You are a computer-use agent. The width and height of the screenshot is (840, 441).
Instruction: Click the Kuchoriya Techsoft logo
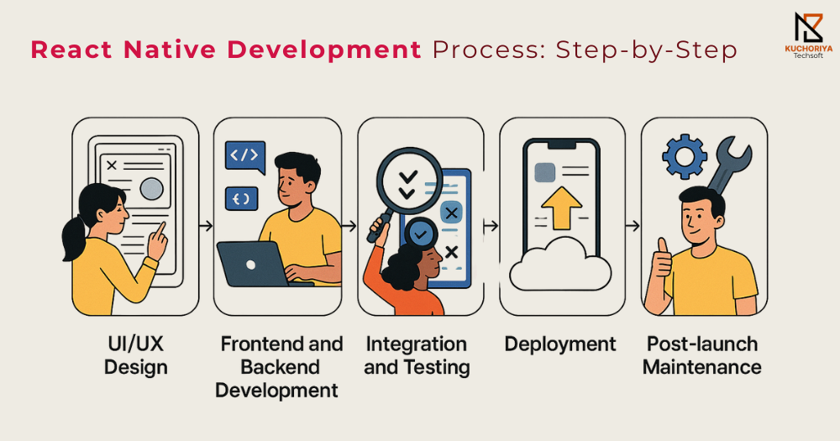pos(808,34)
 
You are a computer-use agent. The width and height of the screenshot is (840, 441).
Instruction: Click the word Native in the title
pos(170,50)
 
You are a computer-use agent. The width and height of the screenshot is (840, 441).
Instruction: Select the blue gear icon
pos(684,156)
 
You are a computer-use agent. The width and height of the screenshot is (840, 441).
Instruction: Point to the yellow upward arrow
pos(561,207)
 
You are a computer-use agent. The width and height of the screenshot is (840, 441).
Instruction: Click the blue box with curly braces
pos(242,199)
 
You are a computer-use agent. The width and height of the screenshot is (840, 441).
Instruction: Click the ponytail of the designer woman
pos(72,239)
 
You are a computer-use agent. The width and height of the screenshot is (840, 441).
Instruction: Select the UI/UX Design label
pos(135,356)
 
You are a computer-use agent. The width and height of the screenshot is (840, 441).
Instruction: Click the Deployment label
pos(560,344)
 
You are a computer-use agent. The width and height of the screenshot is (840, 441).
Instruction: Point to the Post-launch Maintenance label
pos(701,356)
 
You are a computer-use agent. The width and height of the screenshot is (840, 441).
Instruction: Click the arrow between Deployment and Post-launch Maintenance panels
pos(633,226)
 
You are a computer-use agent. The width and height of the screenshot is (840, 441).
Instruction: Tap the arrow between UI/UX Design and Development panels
pos(206,226)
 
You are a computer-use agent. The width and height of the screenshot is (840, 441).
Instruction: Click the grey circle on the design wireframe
pos(151,189)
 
